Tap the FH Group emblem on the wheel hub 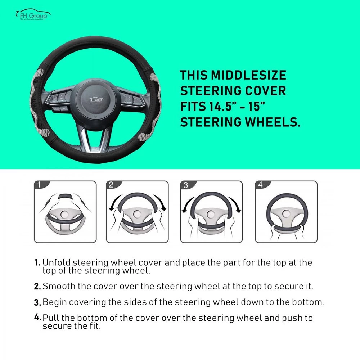[x=96, y=99]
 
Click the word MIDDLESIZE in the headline [x=248, y=76]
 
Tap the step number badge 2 [x=111, y=185]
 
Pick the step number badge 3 [x=185, y=185]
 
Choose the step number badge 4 [x=260, y=185]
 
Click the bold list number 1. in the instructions [x=37, y=262]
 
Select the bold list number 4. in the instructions [x=37, y=318]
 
